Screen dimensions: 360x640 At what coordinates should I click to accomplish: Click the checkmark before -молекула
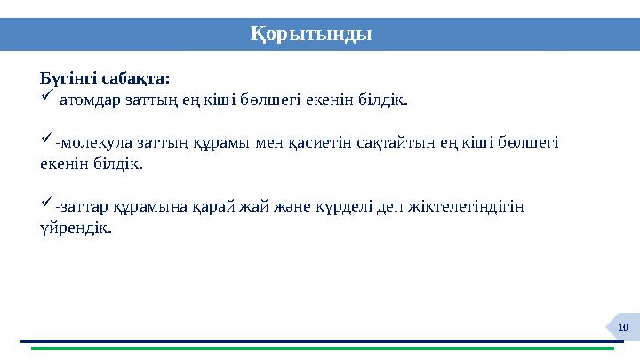click(x=47, y=140)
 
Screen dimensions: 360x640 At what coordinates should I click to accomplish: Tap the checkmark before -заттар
click(x=47, y=204)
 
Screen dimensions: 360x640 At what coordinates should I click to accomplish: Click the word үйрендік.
click(x=76, y=228)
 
